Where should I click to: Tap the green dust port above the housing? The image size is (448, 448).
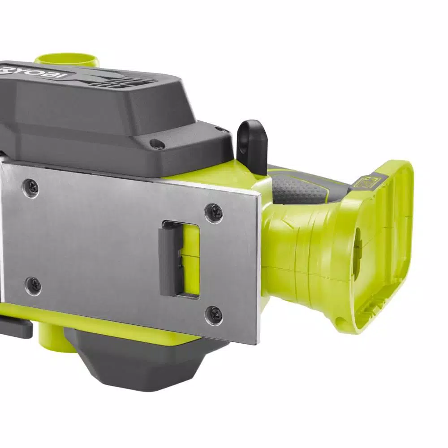(67, 60)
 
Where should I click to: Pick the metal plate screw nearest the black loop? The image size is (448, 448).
(214, 210)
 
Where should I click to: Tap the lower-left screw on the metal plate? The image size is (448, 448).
(33, 285)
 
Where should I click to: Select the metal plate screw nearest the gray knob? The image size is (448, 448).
(214, 315)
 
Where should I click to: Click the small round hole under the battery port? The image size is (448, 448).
(341, 321)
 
